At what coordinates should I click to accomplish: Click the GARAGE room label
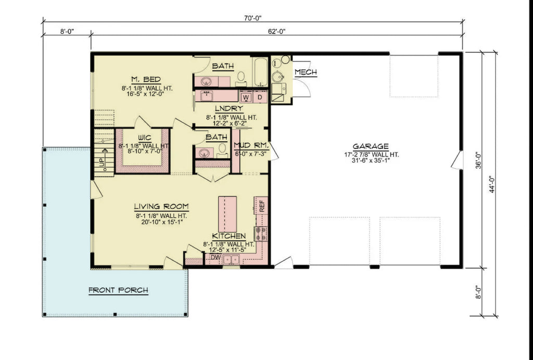click(370, 146)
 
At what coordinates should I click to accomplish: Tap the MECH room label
click(306, 72)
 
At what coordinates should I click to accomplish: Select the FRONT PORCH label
click(118, 290)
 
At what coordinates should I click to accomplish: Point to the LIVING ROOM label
click(161, 206)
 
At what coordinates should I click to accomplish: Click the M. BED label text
click(145, 79)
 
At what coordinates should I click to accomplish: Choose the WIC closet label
click(144, 138)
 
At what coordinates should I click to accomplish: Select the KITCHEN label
click(229, 236)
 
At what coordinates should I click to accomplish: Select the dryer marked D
click(260, 97)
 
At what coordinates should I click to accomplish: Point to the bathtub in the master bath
click(260, 71)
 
